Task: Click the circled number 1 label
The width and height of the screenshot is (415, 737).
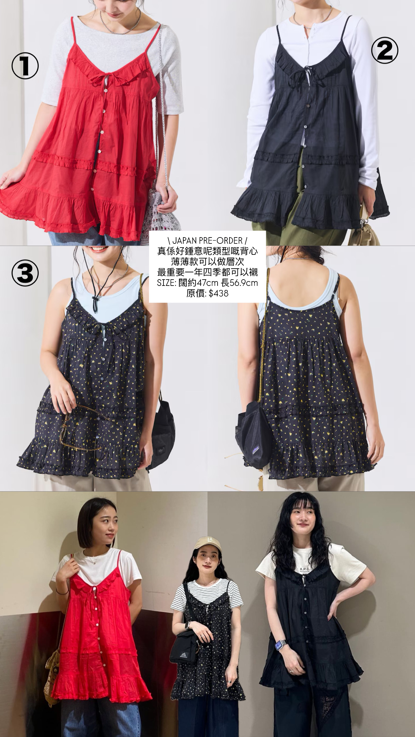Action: pos(25,67)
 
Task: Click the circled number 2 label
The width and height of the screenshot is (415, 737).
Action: pos(385,51)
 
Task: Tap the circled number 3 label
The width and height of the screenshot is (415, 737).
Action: pos(25,273)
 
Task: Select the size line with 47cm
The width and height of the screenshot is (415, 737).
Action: pos(207,283)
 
